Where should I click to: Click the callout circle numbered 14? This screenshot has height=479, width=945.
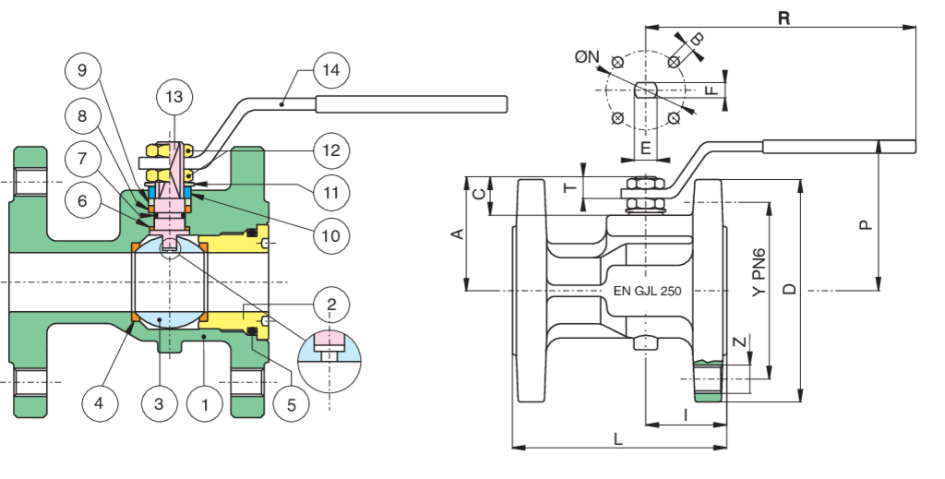click(x=329, y=70)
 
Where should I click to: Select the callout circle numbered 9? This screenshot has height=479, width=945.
click(x=83, y=70)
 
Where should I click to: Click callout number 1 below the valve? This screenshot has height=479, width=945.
click(x=204, y=402)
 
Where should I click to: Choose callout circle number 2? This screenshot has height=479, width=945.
click(x=330, y=302)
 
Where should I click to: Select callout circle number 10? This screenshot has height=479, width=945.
click(x=331, y=235)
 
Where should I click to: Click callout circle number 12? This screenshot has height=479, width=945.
click(x=330, y=149)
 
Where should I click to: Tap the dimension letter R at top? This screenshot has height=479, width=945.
click(x=784, y=17)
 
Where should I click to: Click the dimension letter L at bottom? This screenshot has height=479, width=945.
click(x=617, y=439)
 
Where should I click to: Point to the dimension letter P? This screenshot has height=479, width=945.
click(x=865, y=223)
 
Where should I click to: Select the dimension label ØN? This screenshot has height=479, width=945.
click(x=587, y=57)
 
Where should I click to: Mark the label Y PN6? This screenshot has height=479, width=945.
click(x=758, y=271)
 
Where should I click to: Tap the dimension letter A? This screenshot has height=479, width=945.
click(x=454, y=234)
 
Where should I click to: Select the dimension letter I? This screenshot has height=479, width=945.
click(x=686, y=414)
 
